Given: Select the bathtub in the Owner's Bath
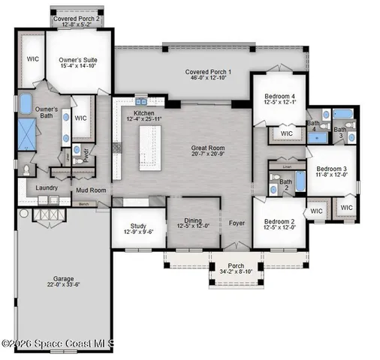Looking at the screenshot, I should pos(26,104).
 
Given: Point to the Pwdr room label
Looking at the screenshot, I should pos(86,149).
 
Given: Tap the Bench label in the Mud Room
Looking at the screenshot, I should pos(84,203).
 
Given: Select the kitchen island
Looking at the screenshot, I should pos(149,145).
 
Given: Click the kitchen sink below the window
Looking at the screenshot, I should pos(140,101).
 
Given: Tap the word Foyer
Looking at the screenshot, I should pos(237,223).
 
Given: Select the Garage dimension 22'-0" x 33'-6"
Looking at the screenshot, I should pos(63,284).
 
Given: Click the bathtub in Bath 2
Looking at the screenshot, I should pos(299,181).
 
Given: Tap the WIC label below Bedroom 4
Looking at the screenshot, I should pos(286,133).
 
